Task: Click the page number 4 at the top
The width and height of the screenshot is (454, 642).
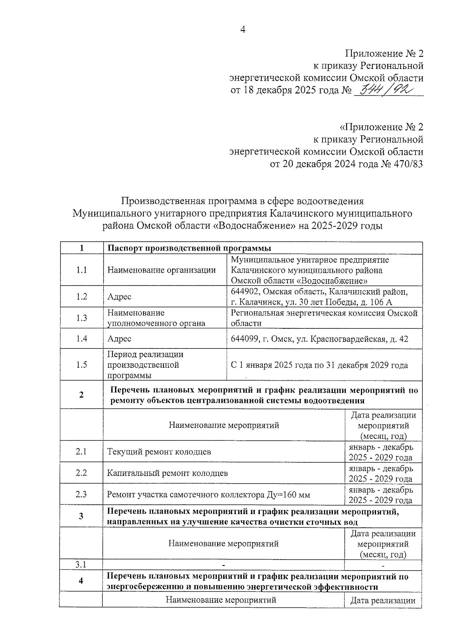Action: (x=243, y=30)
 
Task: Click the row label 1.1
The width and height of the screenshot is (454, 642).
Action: (x=81, y=270)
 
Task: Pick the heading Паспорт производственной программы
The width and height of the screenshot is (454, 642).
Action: (x=189, y=248)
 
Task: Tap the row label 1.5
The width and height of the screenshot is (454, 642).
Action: (x=81, y=365)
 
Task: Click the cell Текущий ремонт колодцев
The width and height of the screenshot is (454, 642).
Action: (x=159, y=452)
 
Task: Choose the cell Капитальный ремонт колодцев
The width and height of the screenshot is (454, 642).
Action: (x=167, y=473)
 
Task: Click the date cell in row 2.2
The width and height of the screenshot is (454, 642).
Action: (x=381, y=473)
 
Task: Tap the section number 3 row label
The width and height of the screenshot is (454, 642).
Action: (x=81, y=516)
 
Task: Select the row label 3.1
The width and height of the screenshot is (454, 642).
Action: (x=81, y=565)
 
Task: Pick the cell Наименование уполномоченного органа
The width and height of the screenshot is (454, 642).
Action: (x=156, y=318)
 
